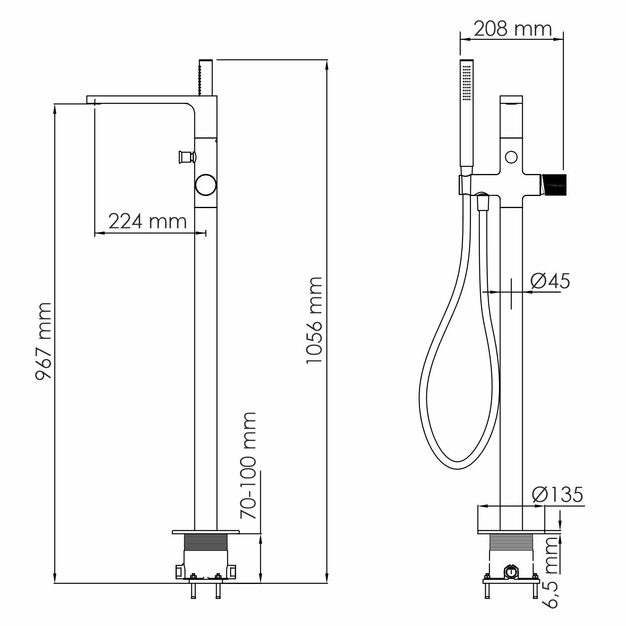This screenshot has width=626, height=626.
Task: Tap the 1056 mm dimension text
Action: click(x=314, y=320)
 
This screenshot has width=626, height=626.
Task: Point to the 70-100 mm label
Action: click(x=248, y=465)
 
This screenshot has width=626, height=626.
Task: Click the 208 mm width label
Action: click(x=513, y=29)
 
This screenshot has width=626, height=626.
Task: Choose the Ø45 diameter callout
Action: click(x=550, y=281)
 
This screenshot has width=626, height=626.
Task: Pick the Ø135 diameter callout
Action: click(x=558, y=494)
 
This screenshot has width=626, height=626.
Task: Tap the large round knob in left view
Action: click(x=206, y=185)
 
